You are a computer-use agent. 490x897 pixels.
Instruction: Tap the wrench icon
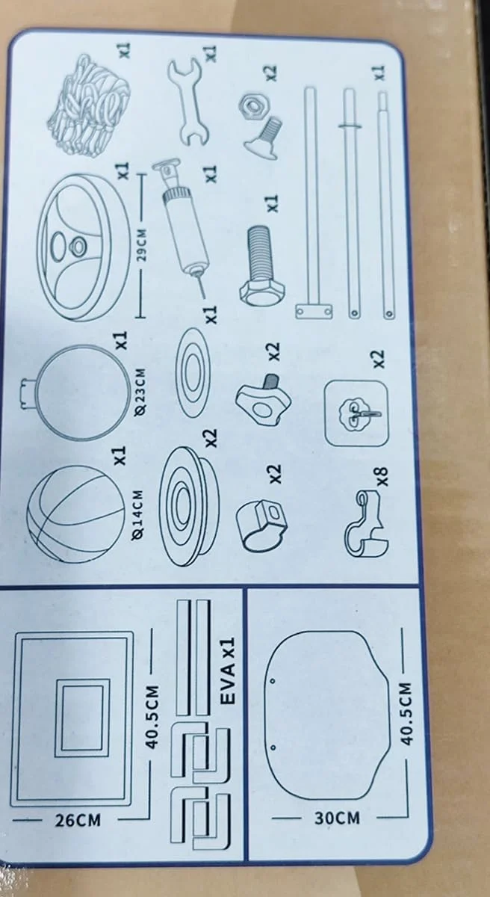point(187,102)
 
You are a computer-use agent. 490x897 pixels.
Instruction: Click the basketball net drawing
point(89,105)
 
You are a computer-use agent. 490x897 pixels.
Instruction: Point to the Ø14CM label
point(139,514)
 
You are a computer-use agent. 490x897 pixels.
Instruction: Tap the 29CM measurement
point(141,245)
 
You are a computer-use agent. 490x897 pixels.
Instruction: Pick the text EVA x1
point(229,671)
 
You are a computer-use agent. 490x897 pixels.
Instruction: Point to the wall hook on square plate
point(356,413)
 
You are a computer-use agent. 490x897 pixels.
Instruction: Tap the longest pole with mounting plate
point(313,203)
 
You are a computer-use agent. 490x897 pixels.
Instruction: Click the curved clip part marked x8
point(365,525)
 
